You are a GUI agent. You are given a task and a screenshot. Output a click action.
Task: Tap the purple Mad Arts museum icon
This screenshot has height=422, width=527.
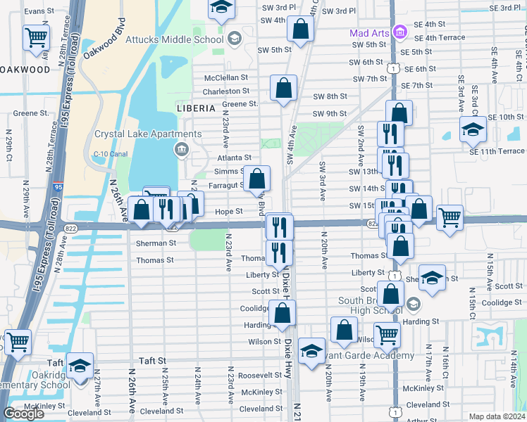tap(399, 32)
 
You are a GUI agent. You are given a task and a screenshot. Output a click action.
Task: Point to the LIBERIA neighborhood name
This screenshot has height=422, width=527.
tap(196, 108)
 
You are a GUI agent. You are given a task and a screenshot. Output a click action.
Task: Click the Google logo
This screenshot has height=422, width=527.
tap(23, 414)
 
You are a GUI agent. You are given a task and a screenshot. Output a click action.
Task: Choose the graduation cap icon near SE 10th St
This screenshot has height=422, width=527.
tap(472, 128)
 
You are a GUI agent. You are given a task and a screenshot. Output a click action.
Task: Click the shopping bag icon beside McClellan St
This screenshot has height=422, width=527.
tap(283, 89)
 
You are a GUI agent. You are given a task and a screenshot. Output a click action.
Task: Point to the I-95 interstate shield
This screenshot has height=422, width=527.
tap(57, 188)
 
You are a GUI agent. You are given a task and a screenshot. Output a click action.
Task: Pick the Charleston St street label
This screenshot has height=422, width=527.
tap(226, 91)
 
